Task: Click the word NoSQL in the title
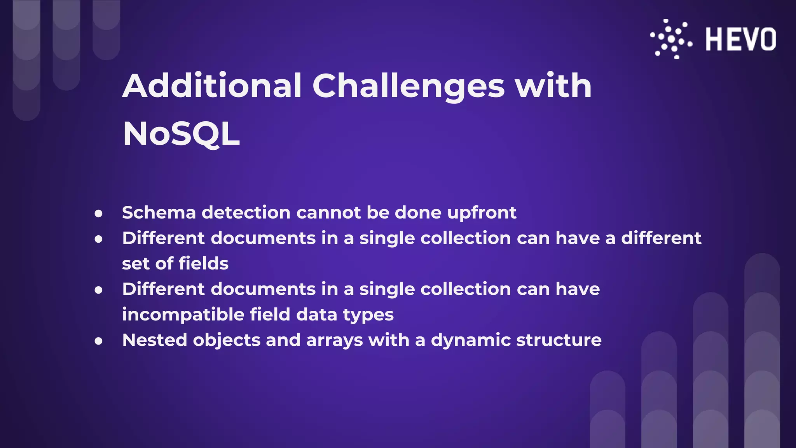coord(181,134)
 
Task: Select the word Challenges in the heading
coord(408,86)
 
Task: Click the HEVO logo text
coord(740,39)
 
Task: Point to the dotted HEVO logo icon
coord(671,39)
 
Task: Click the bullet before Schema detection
coord(99,213)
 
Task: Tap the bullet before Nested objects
coord(99,341)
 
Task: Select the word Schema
coord(159,213)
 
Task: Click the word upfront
coord(482,213)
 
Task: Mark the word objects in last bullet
coord(227,341)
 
